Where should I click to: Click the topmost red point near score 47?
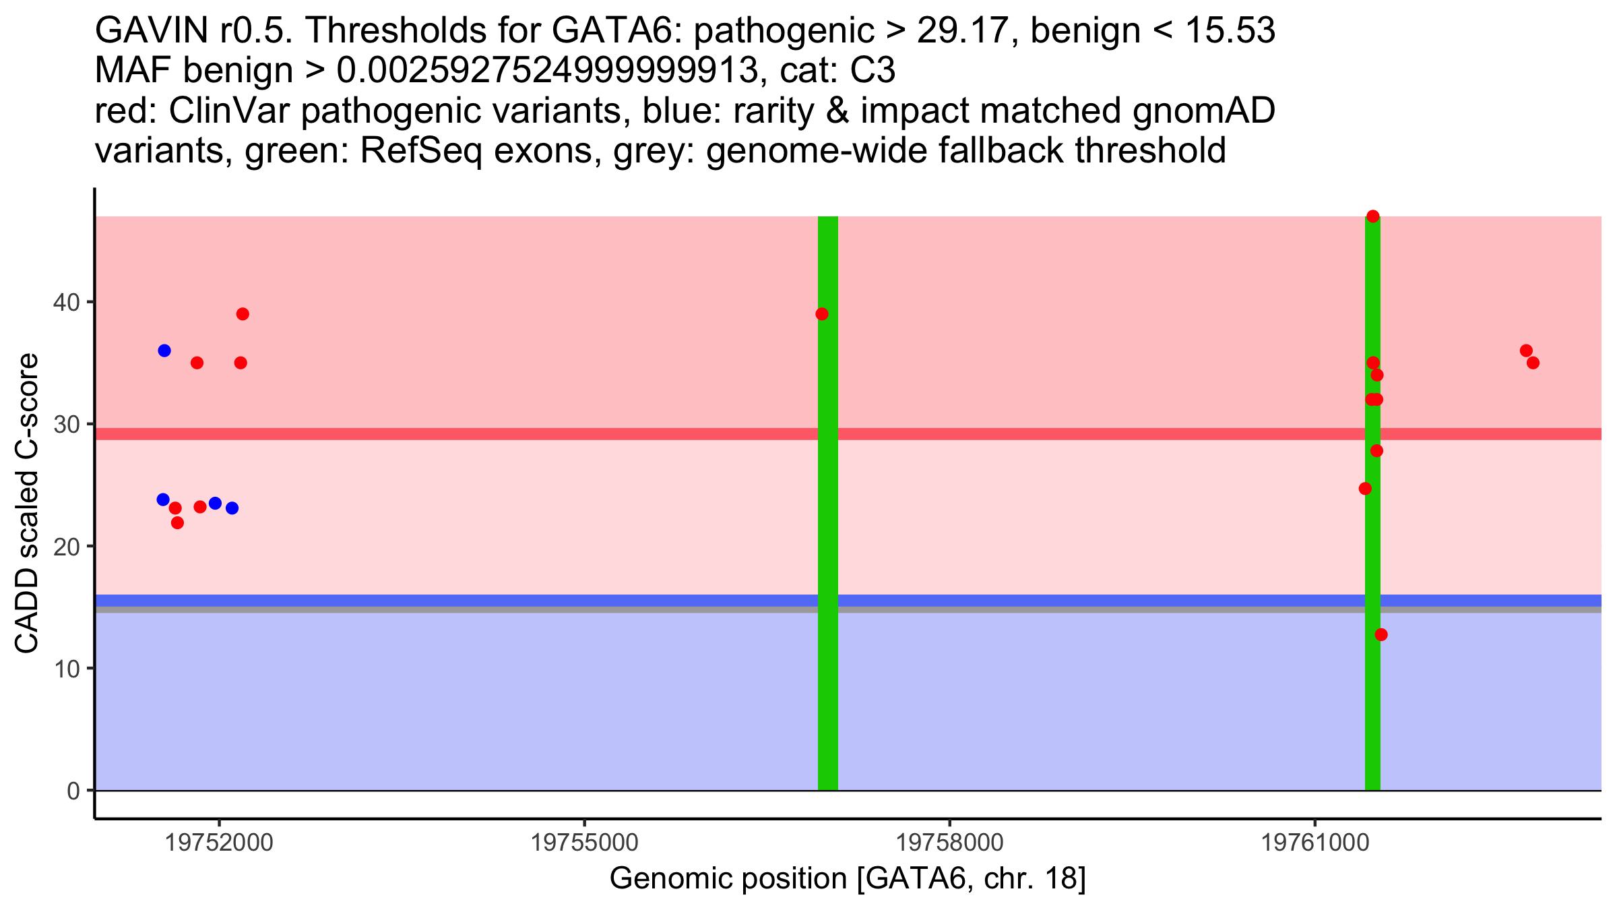click(x=1372, y=216)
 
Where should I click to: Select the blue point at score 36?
click(x=164, y=351)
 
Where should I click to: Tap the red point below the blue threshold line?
click(x=1381, y=634)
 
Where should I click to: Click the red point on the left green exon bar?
click(x=822, y=314)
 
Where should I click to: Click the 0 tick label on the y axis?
click(x=73, y=791)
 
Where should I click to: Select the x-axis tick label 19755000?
click(x=584, y=843)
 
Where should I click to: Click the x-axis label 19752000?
click(x=219, y=843)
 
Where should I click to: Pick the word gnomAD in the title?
click(x=1203, y=111)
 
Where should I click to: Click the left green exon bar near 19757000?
click(x=828, y=539)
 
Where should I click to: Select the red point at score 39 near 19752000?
click(x=243, y=314)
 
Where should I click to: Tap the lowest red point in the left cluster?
click(x=177, y=522)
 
